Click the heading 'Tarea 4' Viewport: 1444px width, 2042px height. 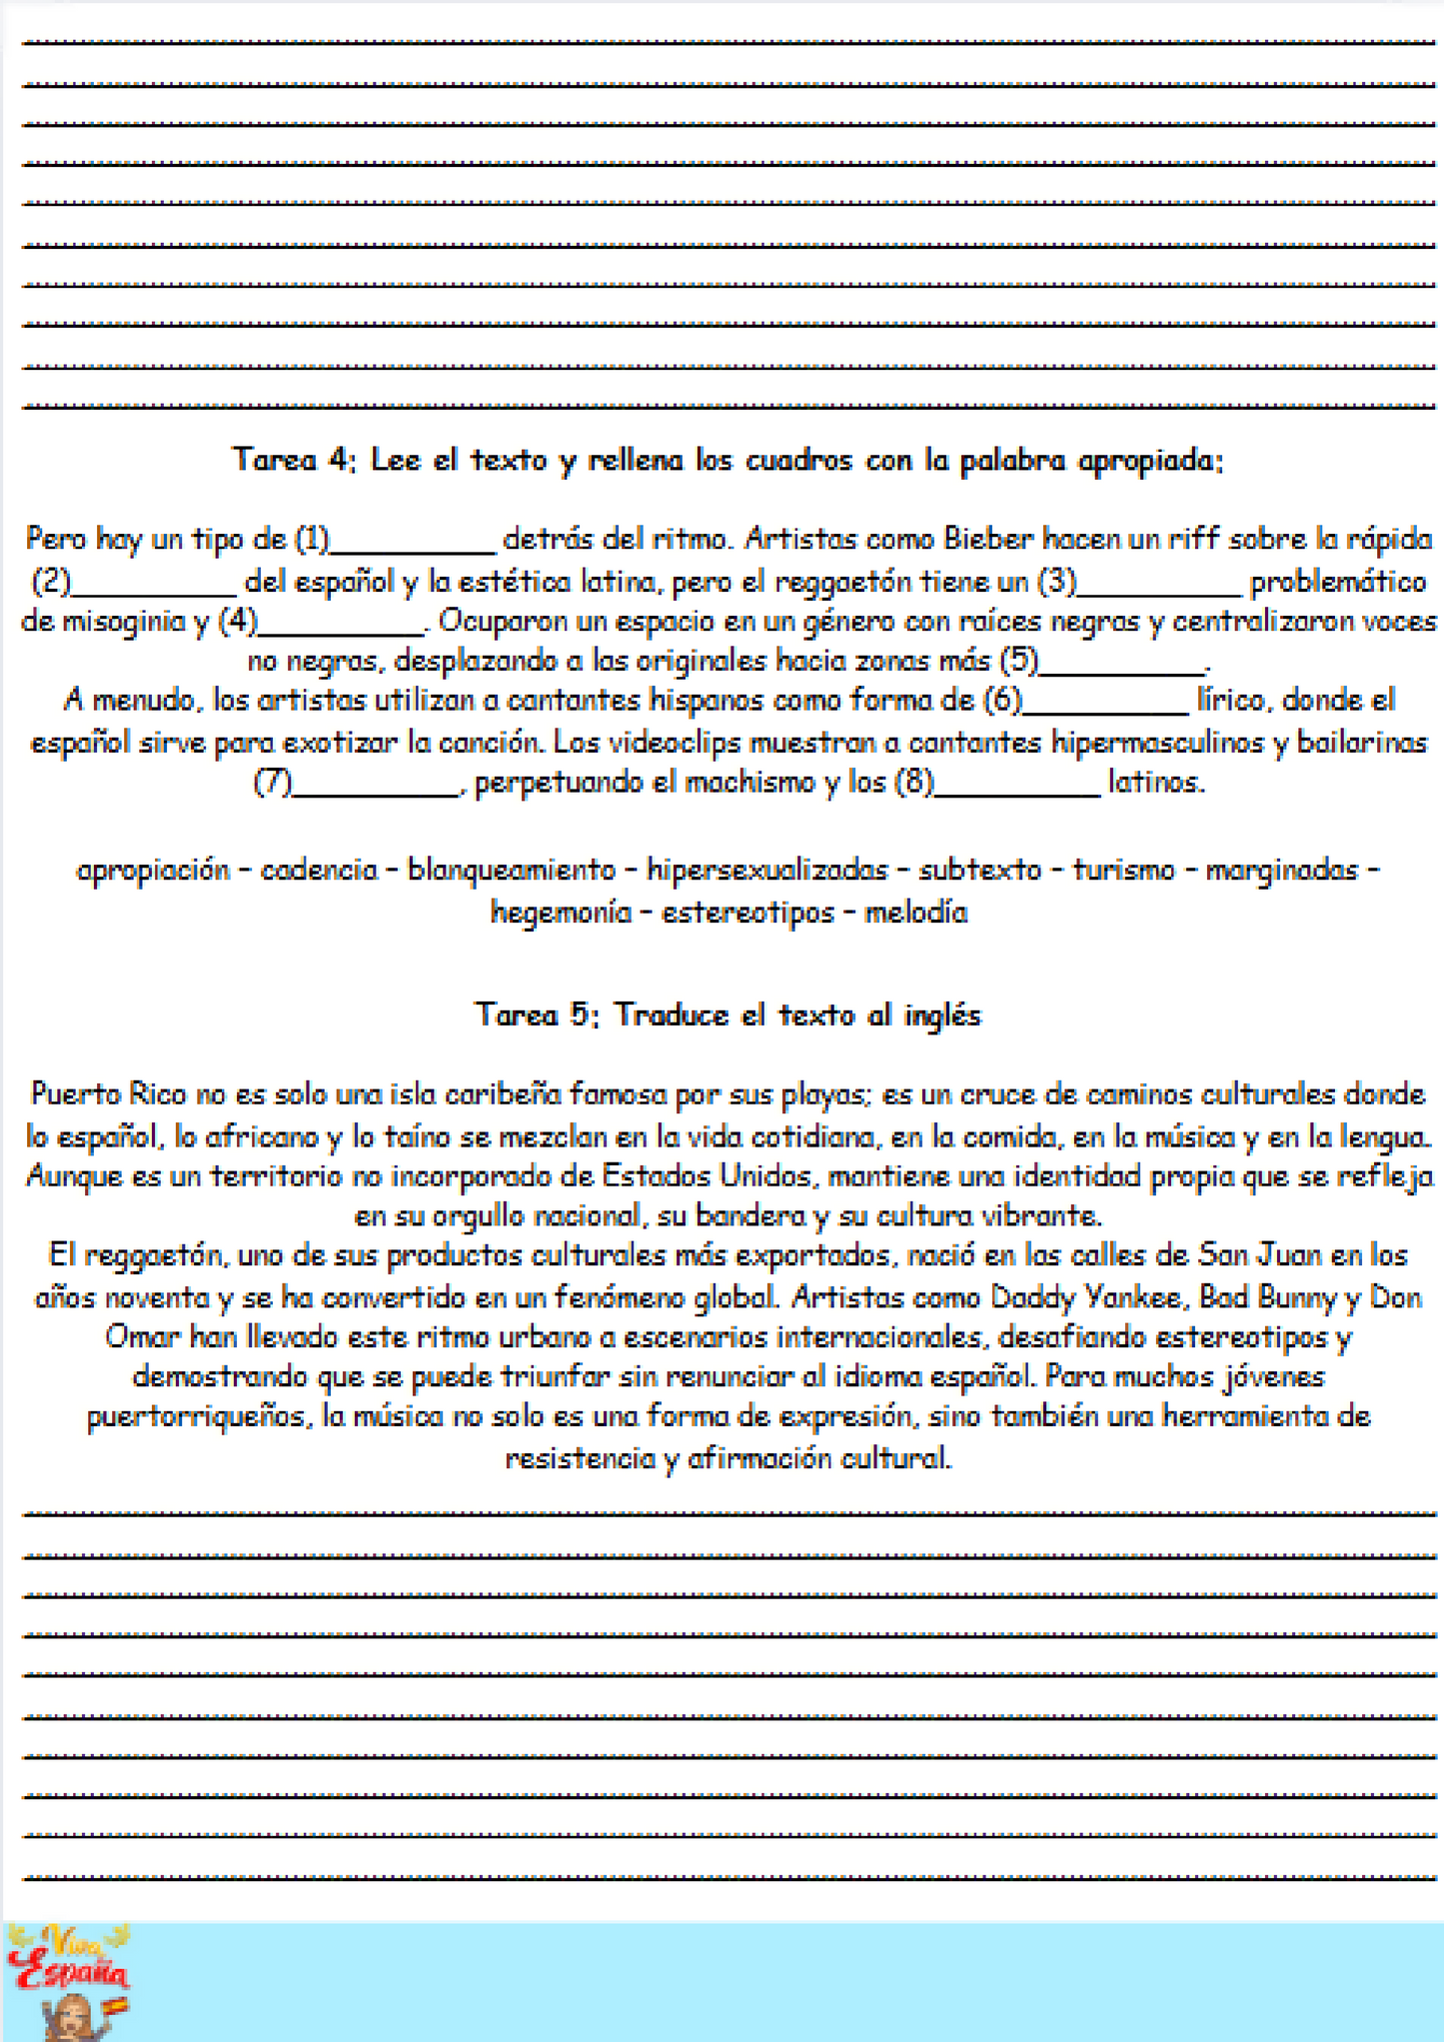coord(727,461)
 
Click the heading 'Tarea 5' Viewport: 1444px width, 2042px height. coord(727,1016)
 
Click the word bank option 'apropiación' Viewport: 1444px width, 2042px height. coord(154,871)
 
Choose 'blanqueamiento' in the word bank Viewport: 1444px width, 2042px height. coord(512,871)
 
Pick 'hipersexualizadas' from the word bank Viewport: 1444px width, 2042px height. coord(767,871)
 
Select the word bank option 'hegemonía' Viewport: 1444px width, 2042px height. coord(561,913)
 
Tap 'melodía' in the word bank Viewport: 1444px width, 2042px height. coord(915,913)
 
